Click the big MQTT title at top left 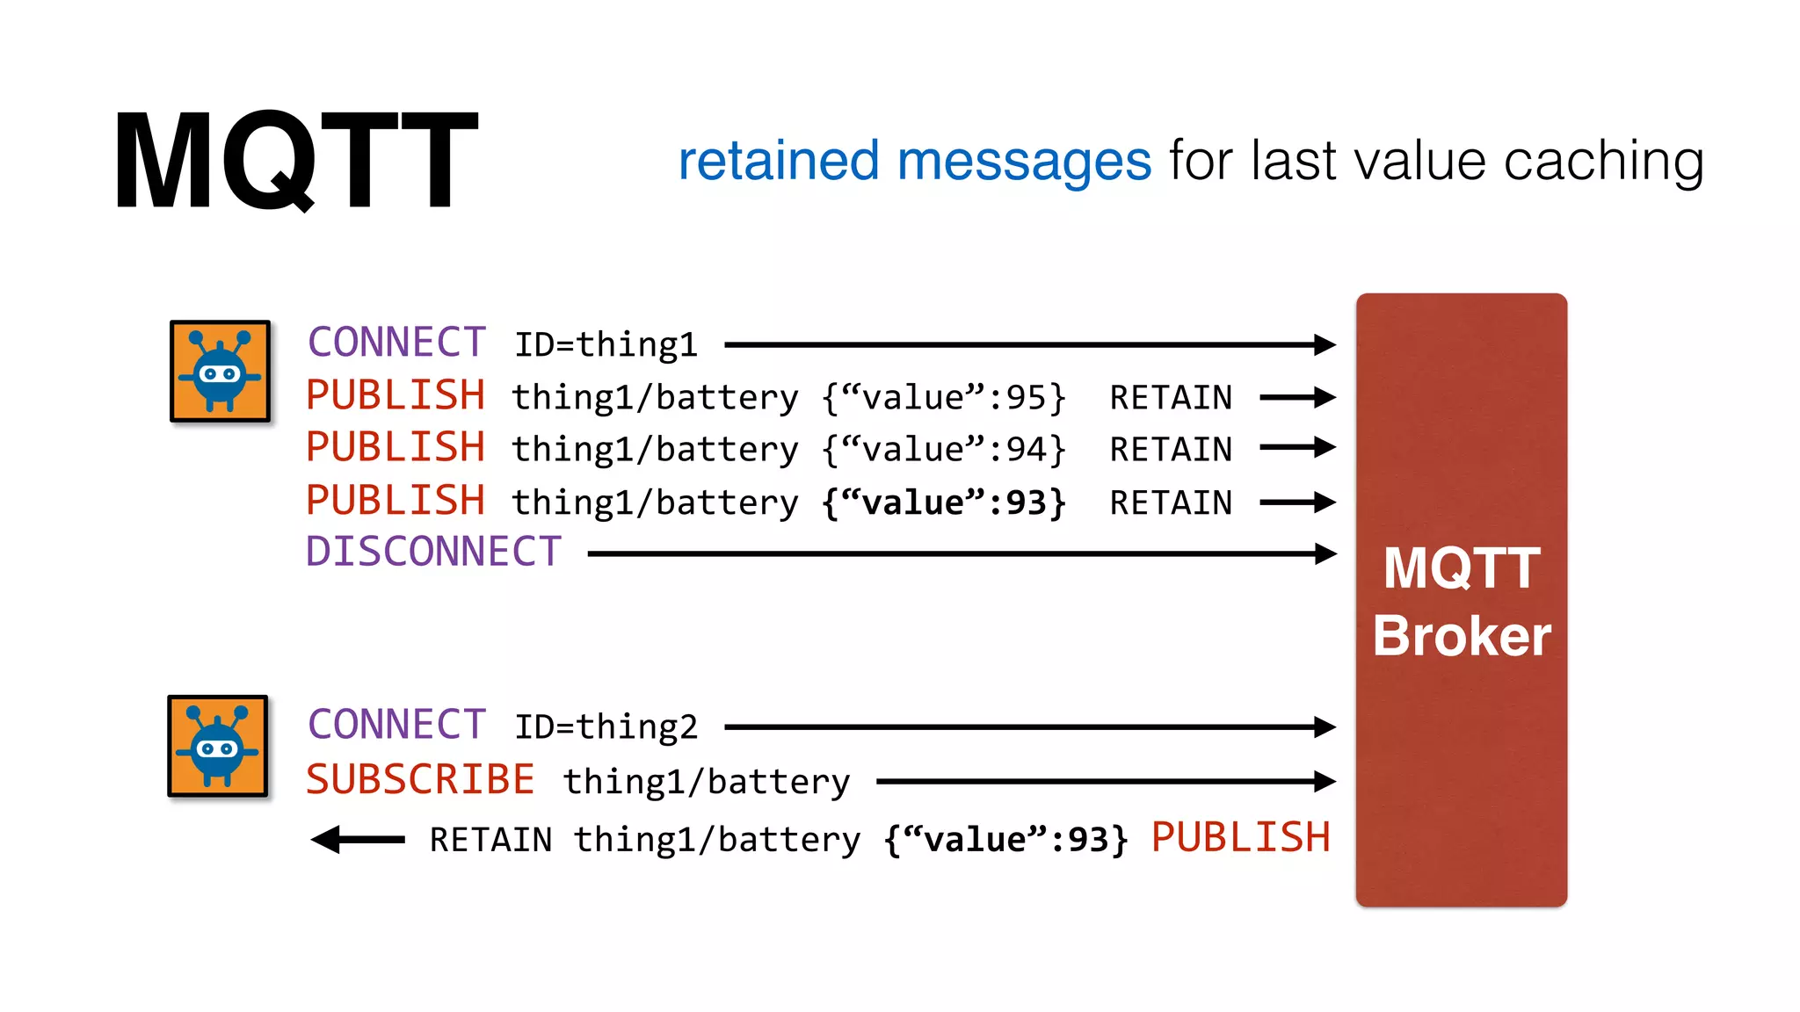(x=295, y=160)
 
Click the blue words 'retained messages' (x=914, y=162)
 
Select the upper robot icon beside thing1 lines (x=220, y=371)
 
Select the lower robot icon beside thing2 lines (x=218, y=746)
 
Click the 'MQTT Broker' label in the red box (x=1461, y=602)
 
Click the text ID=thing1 (x=606, y=345)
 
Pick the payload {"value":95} (x=944, y=398)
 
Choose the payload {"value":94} (x=944, y=450)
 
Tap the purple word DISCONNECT (x=433, y=553)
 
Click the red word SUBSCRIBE (x=420, y=780)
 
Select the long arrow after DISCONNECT (x=962, y=553)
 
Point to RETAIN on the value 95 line (x=1171, y=398)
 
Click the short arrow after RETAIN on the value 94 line (x=1297, y=448)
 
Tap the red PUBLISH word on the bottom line (x=1240, y=837)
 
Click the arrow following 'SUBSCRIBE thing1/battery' (x=1106, y=781)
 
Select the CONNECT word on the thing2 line (x=396, y=726)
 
